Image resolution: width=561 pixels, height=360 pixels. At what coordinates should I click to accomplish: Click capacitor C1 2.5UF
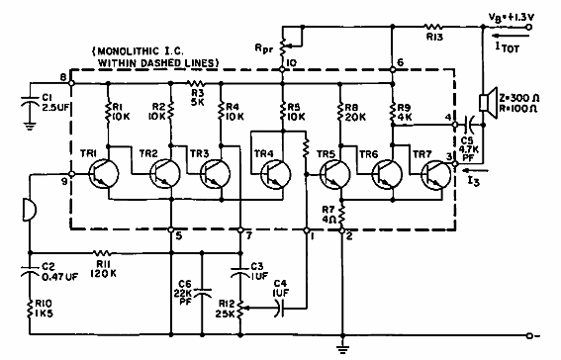29,103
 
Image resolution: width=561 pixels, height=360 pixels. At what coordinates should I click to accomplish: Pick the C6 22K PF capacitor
203,293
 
